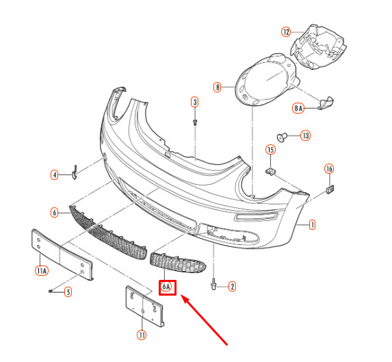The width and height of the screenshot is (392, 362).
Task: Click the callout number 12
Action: click(x=286, y=32)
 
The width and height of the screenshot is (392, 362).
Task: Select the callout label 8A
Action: click(x=298, y=108)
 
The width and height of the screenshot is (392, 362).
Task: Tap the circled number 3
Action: click(x=195, y=102)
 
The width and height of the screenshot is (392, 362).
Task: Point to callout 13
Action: click(x=306, y=135)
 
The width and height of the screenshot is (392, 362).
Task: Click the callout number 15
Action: click(x=270, y=150)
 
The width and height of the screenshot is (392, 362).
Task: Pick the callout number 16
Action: click(x=329, y=169)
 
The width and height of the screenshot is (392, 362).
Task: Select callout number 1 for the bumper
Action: click(x=312, y=224)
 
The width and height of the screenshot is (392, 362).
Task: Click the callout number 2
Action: click(x=232, y=287)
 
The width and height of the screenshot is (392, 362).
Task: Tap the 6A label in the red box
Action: click(x=166, y=287)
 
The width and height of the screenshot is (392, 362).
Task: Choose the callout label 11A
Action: click(x=42, y=270)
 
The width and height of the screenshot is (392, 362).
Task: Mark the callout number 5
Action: click(x=68, y=292)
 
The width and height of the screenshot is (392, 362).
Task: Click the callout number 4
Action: click(x=55, y=174)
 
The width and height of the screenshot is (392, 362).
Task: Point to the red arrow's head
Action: click(x=185, y=298)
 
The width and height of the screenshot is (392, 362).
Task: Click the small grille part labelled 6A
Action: click(x=178, y=263)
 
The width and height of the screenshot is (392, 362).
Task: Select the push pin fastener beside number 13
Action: click(x=282, y=137)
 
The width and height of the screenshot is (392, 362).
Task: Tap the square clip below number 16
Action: click(x=330, y=190)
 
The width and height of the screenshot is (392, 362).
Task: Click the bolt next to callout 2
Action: click(x=213, y=284)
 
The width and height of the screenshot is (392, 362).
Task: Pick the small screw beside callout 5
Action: click(x=51, y=292)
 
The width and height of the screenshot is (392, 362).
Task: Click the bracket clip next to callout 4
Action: click(x=75, y=172)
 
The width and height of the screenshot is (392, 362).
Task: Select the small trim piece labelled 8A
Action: click(x=325, y=103)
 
